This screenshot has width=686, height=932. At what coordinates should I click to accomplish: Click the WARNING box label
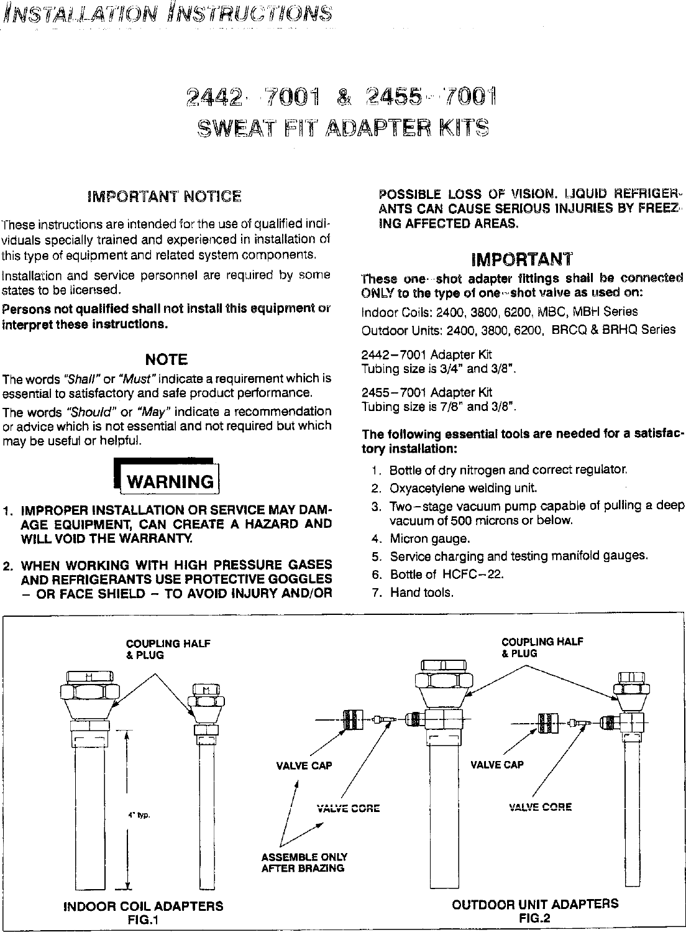(x=169, y=481)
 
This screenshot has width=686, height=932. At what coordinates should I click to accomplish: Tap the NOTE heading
(x=166, y=359)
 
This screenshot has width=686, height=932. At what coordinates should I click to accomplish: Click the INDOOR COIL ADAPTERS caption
(x=144, y=906)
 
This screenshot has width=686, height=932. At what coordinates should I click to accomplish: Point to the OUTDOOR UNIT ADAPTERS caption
(x=535, y=903)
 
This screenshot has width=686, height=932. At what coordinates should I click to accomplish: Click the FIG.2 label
(x=535, y=917)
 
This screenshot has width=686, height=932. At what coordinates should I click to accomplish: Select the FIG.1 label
(x=143, y=920)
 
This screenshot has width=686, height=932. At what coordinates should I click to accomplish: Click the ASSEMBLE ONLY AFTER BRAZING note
(x=304, y=862)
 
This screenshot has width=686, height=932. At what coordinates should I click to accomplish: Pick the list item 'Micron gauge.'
(x=429, y=538)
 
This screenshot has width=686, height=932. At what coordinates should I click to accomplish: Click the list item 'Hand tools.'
(x=421, y=593)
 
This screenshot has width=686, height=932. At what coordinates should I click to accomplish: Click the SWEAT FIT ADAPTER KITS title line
(x=342, y=127)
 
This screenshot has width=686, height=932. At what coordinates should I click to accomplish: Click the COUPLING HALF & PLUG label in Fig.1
(x=168, y=649)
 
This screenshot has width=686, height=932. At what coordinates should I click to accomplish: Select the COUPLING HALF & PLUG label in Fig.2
(x=542, y=647)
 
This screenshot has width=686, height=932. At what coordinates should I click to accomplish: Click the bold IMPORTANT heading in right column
(x=522, y=259)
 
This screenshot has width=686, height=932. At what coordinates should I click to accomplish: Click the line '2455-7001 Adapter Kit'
(x=426, y=392)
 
